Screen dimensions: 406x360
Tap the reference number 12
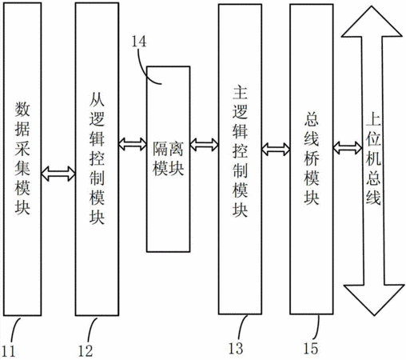(x=86, y=351)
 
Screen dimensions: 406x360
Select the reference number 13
(x=236, y=348)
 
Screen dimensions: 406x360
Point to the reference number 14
(x=139, y=42)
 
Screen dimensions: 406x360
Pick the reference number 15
(x=311, y=348)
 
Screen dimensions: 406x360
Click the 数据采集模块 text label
(x=22, y=158)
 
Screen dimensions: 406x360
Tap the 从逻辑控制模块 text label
(x=97, y=158)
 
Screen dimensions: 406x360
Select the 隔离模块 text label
(x=168, y=158)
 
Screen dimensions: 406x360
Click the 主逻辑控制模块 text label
(x=240, y=151)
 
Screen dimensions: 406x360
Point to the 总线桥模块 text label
(x=312, y=158)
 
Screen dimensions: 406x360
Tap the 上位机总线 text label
(x=373, y=159)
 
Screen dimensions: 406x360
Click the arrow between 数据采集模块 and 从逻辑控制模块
(x=58, y=174)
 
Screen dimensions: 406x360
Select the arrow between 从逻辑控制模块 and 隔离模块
(x=133, y=144)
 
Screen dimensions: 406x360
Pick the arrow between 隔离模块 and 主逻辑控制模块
(x=205, y=145)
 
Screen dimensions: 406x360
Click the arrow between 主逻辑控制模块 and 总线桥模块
(x=276, y=149)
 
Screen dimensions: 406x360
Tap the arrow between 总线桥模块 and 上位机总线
(x=348, y=147)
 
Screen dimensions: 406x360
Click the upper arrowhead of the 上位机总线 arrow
(x=372, y=22)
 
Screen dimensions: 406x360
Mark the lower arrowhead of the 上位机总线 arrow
(x=374, y=300)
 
